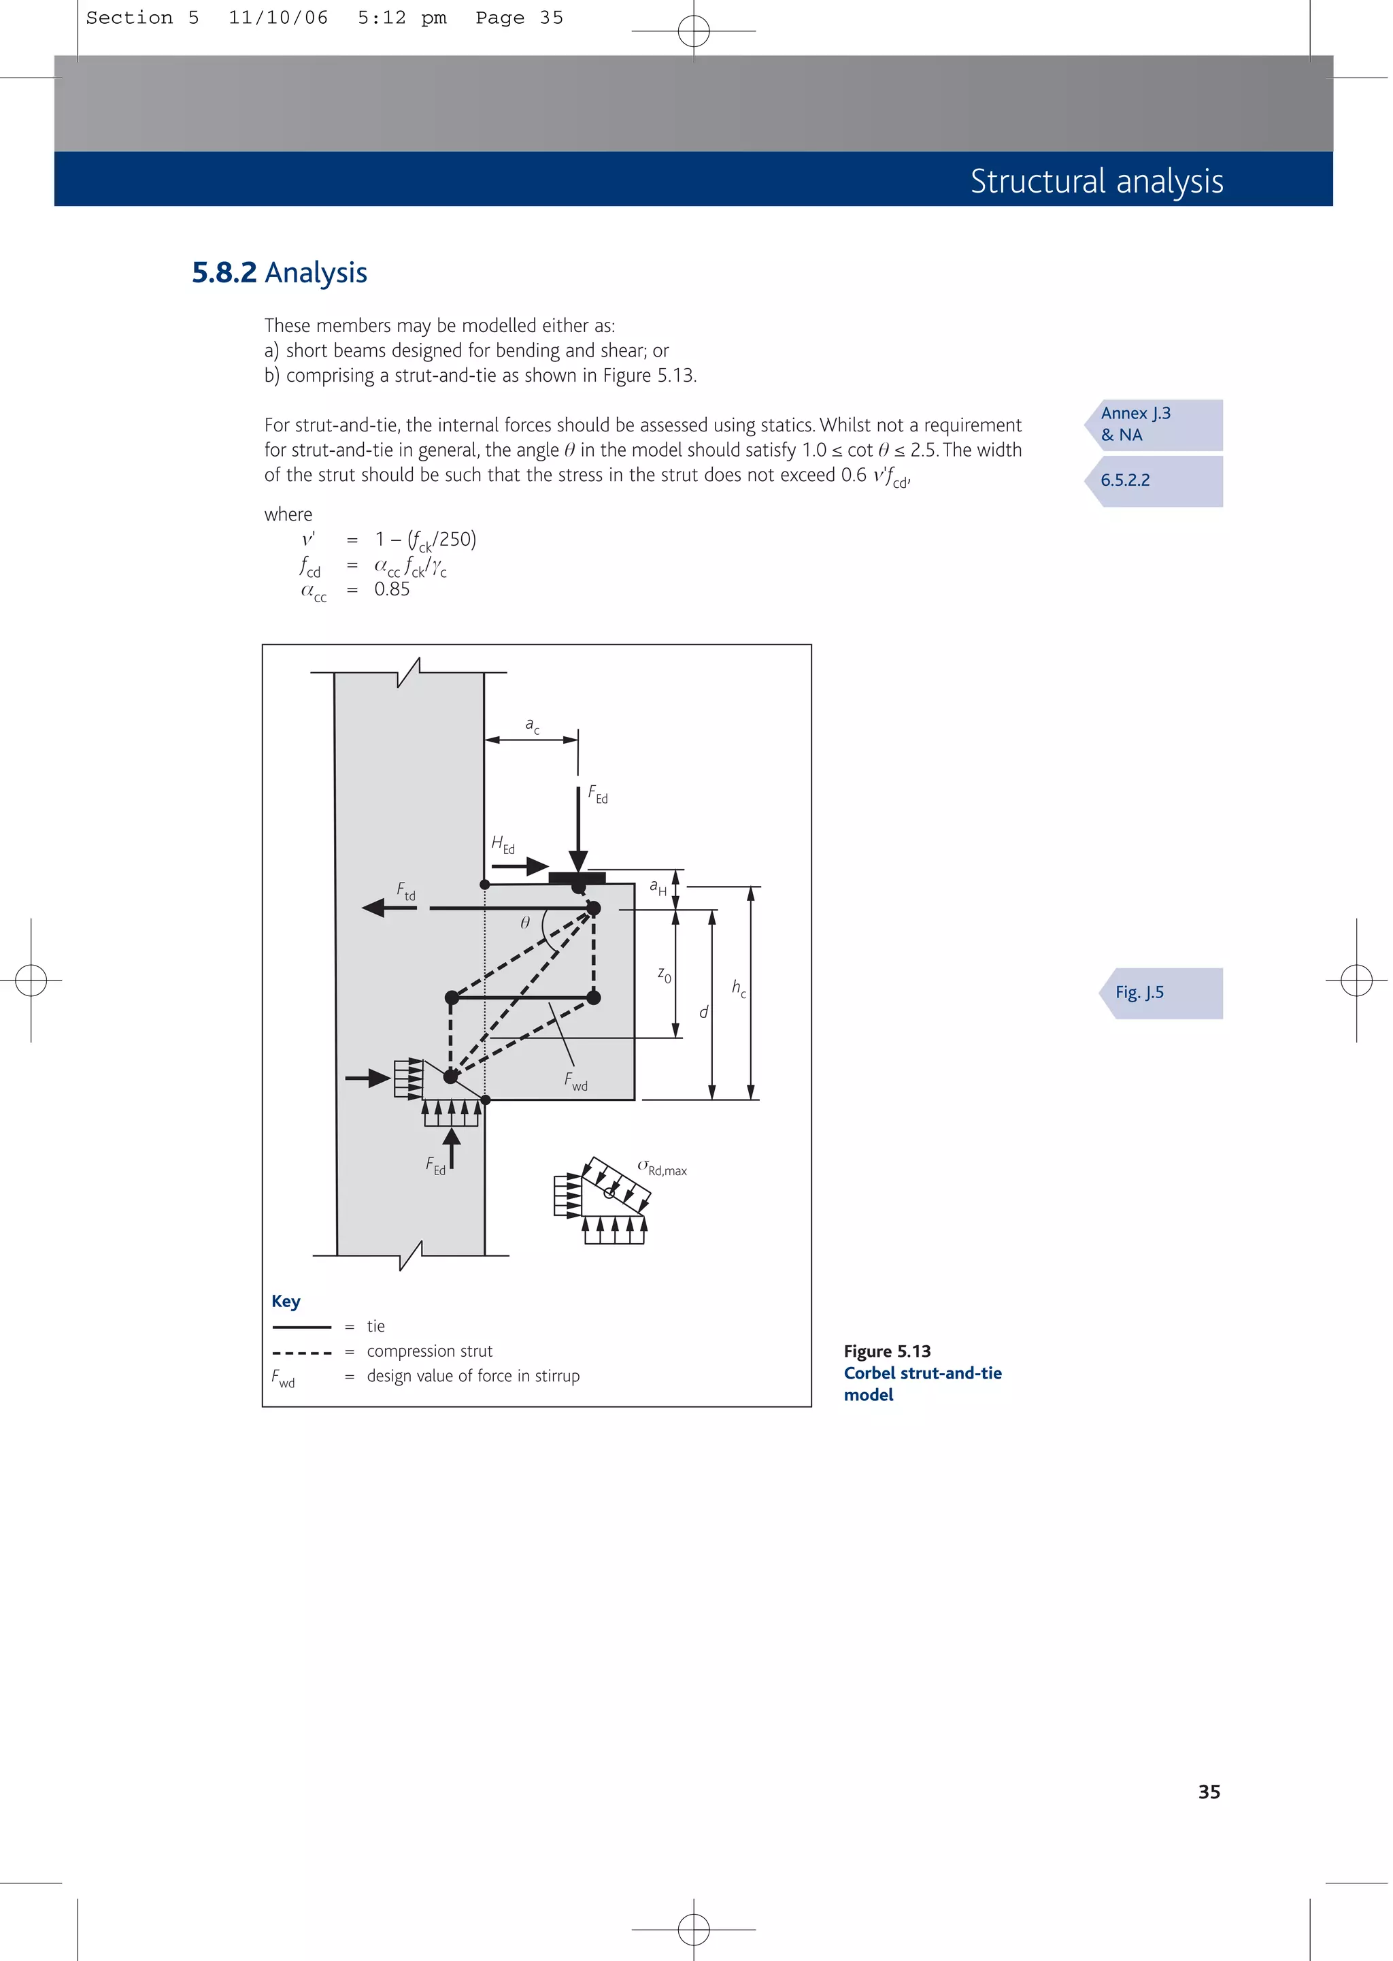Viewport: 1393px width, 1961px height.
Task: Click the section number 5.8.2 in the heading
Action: point(224,273)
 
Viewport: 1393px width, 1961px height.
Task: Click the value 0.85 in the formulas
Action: point(392,589)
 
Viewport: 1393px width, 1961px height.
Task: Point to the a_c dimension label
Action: point(532,726)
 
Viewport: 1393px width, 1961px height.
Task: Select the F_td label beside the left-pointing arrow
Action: point(405,891)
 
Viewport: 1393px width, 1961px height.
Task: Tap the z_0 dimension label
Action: point(664,975)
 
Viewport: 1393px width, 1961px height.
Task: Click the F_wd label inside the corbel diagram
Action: point(575,1081)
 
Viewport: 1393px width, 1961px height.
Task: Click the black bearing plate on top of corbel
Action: point(577,878)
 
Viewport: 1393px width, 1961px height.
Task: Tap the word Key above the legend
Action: point(286,1302)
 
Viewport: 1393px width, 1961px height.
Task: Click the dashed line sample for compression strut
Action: point(302,1352)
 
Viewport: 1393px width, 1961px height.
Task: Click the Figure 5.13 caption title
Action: point(887,1351)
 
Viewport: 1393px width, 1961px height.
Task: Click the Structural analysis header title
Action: point(1096,181)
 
